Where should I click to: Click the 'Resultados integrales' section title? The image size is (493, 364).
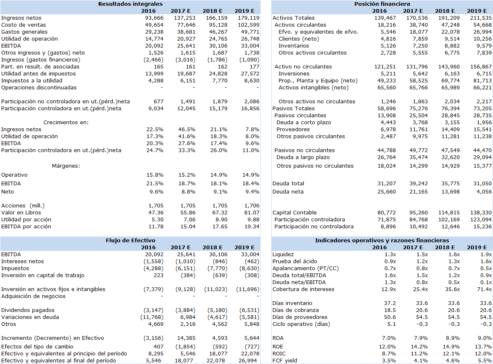coord(130,4)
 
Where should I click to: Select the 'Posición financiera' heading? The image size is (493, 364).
coord(382,4)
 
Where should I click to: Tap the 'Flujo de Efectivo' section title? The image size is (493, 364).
coord(130,240)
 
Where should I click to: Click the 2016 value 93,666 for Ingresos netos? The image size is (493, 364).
coord(154,18)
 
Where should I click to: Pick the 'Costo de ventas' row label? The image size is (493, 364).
coord(23,25)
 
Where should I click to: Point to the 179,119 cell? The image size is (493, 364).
coord(248,18)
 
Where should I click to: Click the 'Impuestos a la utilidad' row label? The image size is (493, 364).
coord(32,80)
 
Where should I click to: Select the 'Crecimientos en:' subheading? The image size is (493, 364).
coord(66,122)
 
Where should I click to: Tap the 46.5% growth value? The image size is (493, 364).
coord(187,130)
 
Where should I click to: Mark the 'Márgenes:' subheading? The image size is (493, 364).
coord(66,166)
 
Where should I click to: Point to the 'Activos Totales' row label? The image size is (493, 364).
coord(293,18)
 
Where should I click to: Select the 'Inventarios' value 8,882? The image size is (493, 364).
coord(450,46)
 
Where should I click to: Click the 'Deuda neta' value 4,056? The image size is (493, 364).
coord(484,192)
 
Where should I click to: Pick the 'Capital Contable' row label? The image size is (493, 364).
coord(295,213)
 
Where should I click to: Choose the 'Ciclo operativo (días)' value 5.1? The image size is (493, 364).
coord(391,324)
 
